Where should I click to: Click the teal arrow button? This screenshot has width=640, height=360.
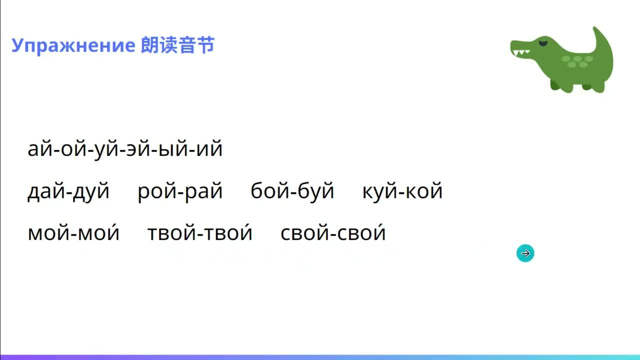pos(525,253)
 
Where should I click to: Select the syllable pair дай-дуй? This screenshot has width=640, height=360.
pos(68,191)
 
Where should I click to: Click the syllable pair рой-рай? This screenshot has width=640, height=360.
pos(180,191)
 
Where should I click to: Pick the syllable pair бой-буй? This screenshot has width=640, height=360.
pos(292,191)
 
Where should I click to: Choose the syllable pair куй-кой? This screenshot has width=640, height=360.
pos(402,191)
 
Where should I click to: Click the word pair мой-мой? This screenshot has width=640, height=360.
pos(73,233)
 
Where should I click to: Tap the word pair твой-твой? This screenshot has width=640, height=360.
pos(200,233)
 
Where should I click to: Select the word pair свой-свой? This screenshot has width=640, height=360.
pos(333,233)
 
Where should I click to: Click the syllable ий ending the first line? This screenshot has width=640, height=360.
pos(209,149)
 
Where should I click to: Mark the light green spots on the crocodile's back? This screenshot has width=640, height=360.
pos(577,61)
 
